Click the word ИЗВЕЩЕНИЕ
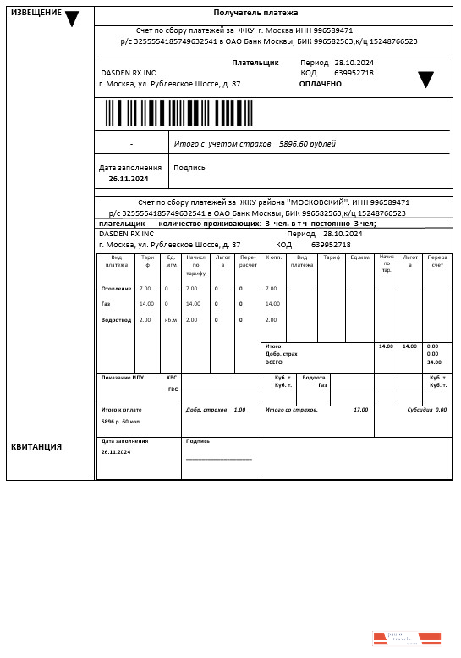pos(36,13)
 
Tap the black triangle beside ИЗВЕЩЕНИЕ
pos(72,19)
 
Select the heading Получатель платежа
pos(272,13)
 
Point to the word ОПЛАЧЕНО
pos(321,84)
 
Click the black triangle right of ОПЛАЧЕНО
pos(425,80)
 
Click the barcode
pos(178,113)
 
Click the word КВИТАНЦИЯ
pos(36,446)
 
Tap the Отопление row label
pos(116,289)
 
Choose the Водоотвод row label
pos(116,320)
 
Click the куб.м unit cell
pos(171,320)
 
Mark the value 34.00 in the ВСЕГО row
pos(434,362)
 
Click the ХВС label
pos(172,378)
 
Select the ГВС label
pos(173,390)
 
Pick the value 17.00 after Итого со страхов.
pos(360,410)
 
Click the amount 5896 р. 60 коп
pos(121,421)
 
